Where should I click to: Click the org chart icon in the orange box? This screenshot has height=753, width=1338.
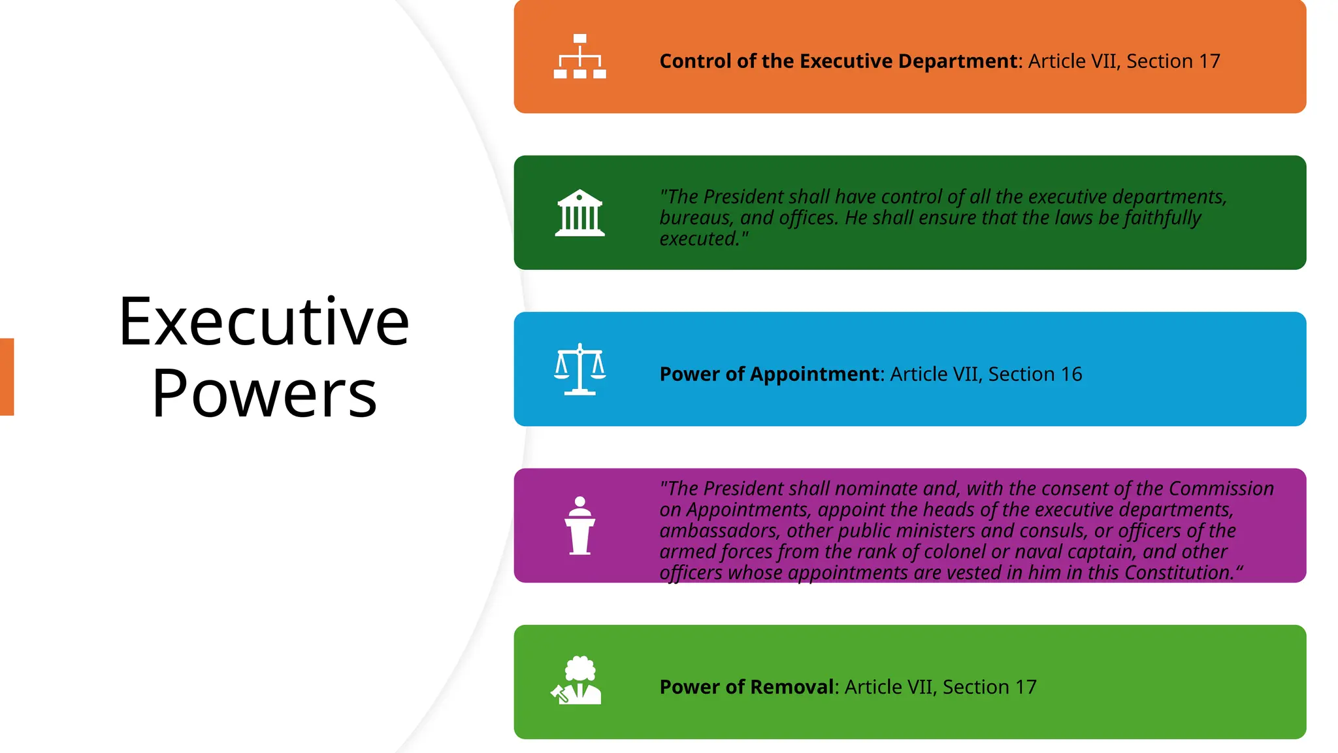pyautogui.click(x=579, y=57)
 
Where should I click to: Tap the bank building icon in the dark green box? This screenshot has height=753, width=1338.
pyautogui.click(x=579, y=213)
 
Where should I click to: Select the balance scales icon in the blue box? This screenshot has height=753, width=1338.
pyautogui.click(x=579, y=369)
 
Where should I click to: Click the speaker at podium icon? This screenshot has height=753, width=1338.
pyautogui.click(x=579, y=526)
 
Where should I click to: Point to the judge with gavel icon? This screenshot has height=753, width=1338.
pyautogui.click(x=576, y=680)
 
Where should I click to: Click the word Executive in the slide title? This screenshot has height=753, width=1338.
pyautogui.click(x=264, y=322)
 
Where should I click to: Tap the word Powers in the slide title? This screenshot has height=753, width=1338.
pyautogui.click(x=264, y=393)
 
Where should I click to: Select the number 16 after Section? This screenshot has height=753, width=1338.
pyautogui.click(x=1071, y=375)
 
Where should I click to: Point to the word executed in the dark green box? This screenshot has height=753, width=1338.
pyautogui.click(x=698, y=239)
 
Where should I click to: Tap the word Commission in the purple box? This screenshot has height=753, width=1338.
pyautogui.click(x=1221, y=489)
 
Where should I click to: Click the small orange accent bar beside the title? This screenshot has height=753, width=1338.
pyautogui.click(x=7, y=376)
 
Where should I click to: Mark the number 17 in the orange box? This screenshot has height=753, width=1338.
pyautogui.click(x=1209, y=61)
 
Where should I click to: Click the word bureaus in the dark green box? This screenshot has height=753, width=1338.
pyautogui.click(x=694, y=218)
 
